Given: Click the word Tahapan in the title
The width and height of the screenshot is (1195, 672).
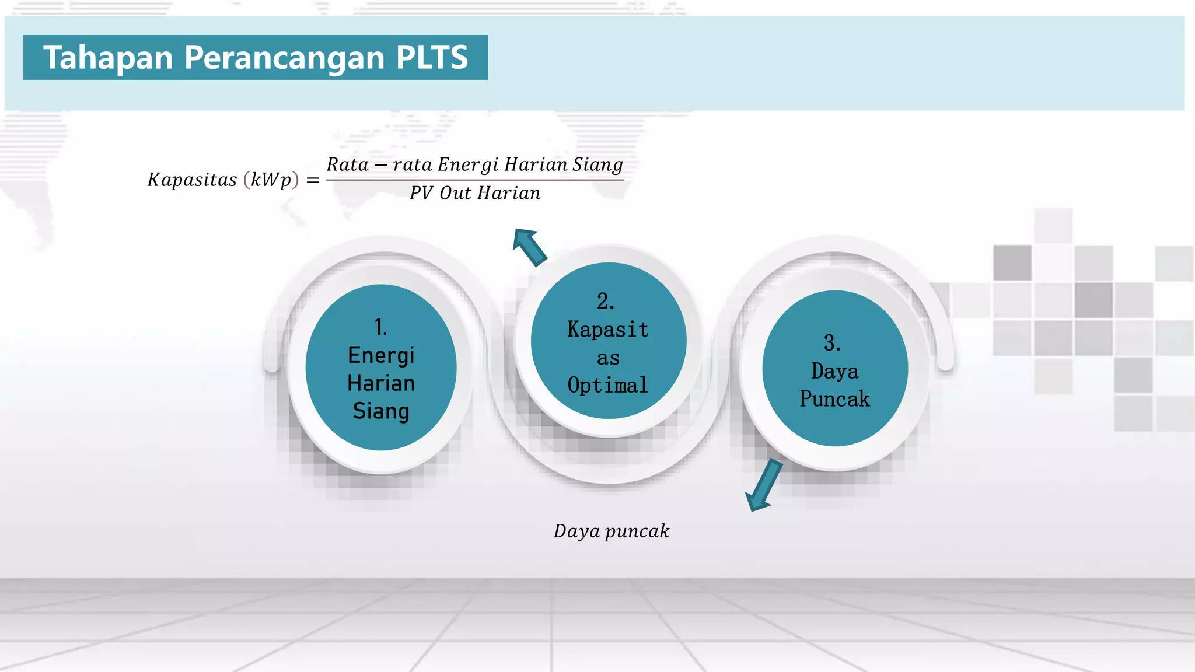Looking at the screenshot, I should [109, 58].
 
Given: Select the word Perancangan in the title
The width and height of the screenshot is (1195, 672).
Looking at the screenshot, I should [284, 58].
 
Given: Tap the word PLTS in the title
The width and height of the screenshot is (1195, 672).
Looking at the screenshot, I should [432, 58].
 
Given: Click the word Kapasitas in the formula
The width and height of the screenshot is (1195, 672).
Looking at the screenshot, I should [192, 180].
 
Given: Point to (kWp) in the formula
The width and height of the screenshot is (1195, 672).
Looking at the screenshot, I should [271, 180].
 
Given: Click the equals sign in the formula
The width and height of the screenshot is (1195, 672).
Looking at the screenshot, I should [313, 180].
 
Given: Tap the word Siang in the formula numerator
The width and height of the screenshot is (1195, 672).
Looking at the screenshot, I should [597, 165].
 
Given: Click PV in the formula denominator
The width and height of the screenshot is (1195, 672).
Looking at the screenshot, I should [421, 193].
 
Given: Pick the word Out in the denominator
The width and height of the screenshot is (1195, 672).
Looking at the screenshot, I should [455, 193].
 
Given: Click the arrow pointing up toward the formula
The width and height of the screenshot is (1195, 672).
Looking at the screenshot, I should [529, 247].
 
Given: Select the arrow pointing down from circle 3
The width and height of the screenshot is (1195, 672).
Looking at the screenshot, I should [764, 485].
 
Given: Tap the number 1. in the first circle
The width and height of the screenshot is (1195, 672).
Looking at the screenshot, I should [380, 327].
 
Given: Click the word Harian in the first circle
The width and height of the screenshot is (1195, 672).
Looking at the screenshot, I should [381, 383].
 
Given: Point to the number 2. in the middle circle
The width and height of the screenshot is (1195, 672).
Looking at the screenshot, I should [606, 302].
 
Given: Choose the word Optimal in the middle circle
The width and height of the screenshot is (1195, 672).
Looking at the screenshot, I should [607, 386].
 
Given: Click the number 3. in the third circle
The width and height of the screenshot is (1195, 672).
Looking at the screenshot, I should [833, 343].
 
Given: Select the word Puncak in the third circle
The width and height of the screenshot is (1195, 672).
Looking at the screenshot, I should [834, 399].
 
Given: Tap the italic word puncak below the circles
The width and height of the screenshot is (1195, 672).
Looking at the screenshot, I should [637, 531].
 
